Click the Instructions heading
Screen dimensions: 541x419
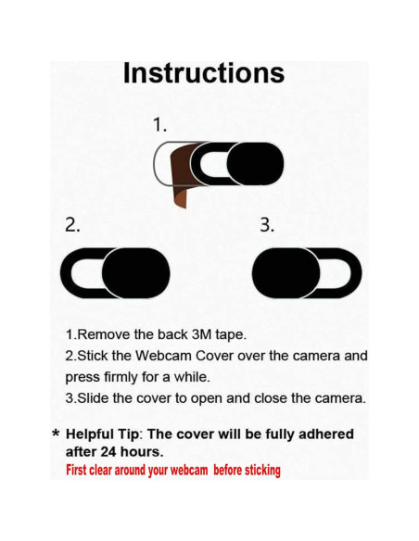pos(203,73)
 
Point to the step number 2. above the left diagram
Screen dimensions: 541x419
pos(72,226)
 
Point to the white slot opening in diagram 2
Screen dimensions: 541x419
pos(87,274)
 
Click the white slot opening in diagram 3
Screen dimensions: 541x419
pos(339,274)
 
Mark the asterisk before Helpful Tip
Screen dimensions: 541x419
pos(56,435)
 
